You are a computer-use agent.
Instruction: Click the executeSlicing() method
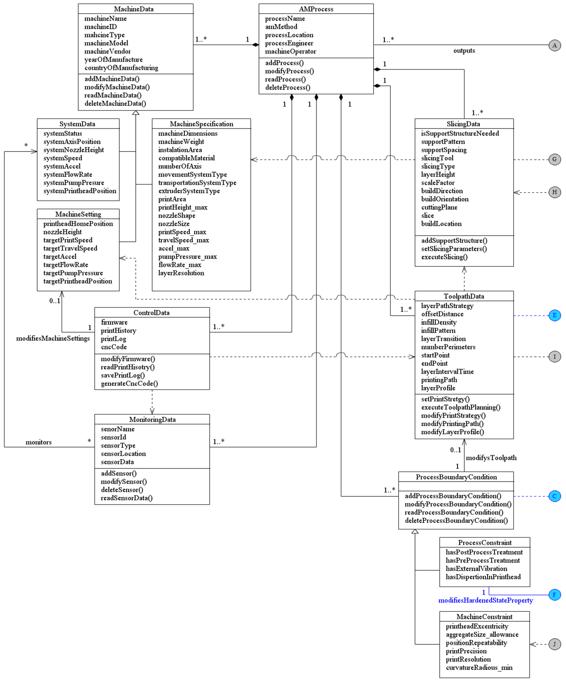pos(444,257)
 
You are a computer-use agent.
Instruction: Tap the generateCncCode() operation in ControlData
pos(129,383)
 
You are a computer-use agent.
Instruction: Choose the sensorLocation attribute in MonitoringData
pos(123,454)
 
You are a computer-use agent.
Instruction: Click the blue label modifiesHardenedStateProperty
pos(485,600)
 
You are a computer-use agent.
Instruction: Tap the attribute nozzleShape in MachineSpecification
pos(177,216)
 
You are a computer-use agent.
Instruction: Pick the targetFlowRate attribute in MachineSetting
pos(66,265)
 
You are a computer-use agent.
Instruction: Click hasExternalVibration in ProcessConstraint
pos(476,569)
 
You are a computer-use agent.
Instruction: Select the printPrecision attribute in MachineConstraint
pos(466,651)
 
